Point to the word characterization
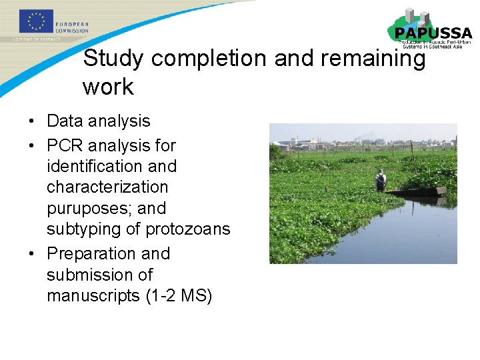[x=107, y=187]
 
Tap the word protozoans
[x=187, y=229]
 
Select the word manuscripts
[x=93, y=295]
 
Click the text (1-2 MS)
[x=179, y=295]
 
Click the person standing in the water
[x=381, y=180]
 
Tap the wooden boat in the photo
[x=417, y=191]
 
